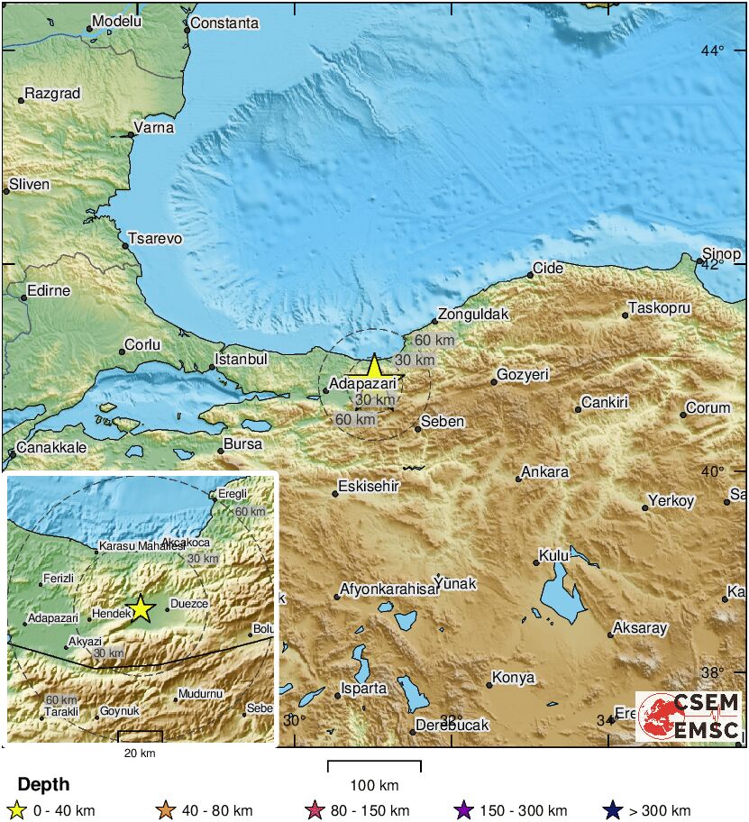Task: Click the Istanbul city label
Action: click(245, 359)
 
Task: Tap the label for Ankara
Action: click(545, 471)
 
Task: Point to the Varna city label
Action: click(153, 128)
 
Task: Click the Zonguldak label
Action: click(471, 315)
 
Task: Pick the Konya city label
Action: click(513, 677)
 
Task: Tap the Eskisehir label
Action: click(369, 486)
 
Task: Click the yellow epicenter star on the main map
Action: click(374, 368)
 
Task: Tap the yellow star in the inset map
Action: click(141, 608)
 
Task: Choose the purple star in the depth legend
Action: click(463, 810)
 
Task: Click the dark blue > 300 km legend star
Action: click(613, 810)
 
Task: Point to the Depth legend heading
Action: click(43, 784)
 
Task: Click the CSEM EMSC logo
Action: click(690, 717)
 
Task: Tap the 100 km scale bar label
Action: click(374, 784)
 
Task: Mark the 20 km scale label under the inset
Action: click(140, 753)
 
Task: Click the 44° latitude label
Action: click(713, 50)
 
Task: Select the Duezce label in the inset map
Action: click(189, 602)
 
